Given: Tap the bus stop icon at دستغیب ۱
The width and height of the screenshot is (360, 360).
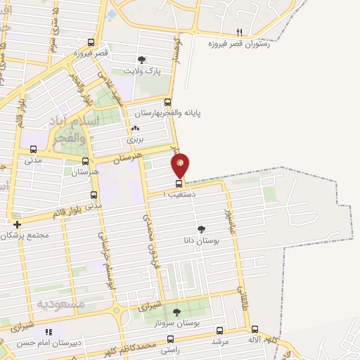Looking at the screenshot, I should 178,184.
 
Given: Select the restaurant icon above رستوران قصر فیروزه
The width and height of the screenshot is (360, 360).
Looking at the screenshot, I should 240,33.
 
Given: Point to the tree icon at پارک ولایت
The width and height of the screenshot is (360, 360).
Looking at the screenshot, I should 143,60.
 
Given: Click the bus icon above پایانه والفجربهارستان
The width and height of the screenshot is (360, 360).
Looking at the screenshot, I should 167,102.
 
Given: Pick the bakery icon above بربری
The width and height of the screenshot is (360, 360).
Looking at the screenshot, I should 136,129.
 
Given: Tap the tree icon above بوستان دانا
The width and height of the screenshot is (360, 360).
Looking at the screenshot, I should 202,229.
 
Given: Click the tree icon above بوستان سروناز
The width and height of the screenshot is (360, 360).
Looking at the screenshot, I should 176,312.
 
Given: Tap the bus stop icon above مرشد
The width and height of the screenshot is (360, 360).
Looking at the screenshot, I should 220,330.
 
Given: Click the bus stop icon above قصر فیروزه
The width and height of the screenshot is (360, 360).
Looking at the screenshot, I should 91,42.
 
